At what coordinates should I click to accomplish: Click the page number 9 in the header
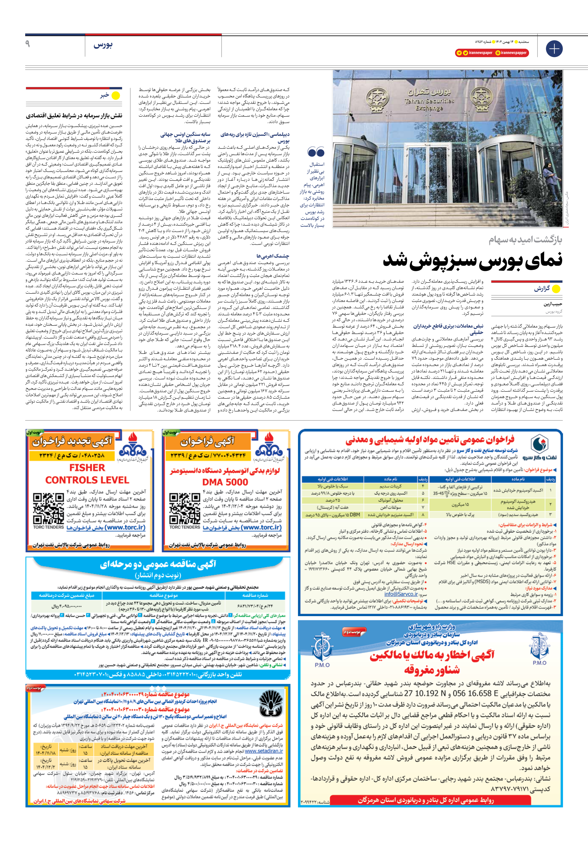point(28,44)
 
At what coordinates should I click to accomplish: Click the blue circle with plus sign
point(554,48)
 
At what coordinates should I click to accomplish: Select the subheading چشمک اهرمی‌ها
point(273,256)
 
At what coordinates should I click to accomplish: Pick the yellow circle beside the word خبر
point(116,96)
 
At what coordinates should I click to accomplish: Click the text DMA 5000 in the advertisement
point(225,482)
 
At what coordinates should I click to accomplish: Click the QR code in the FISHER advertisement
point(48,508)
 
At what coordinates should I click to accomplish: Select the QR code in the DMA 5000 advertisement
point(184,508)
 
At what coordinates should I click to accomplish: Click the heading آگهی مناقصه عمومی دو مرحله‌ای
point(158,565)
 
